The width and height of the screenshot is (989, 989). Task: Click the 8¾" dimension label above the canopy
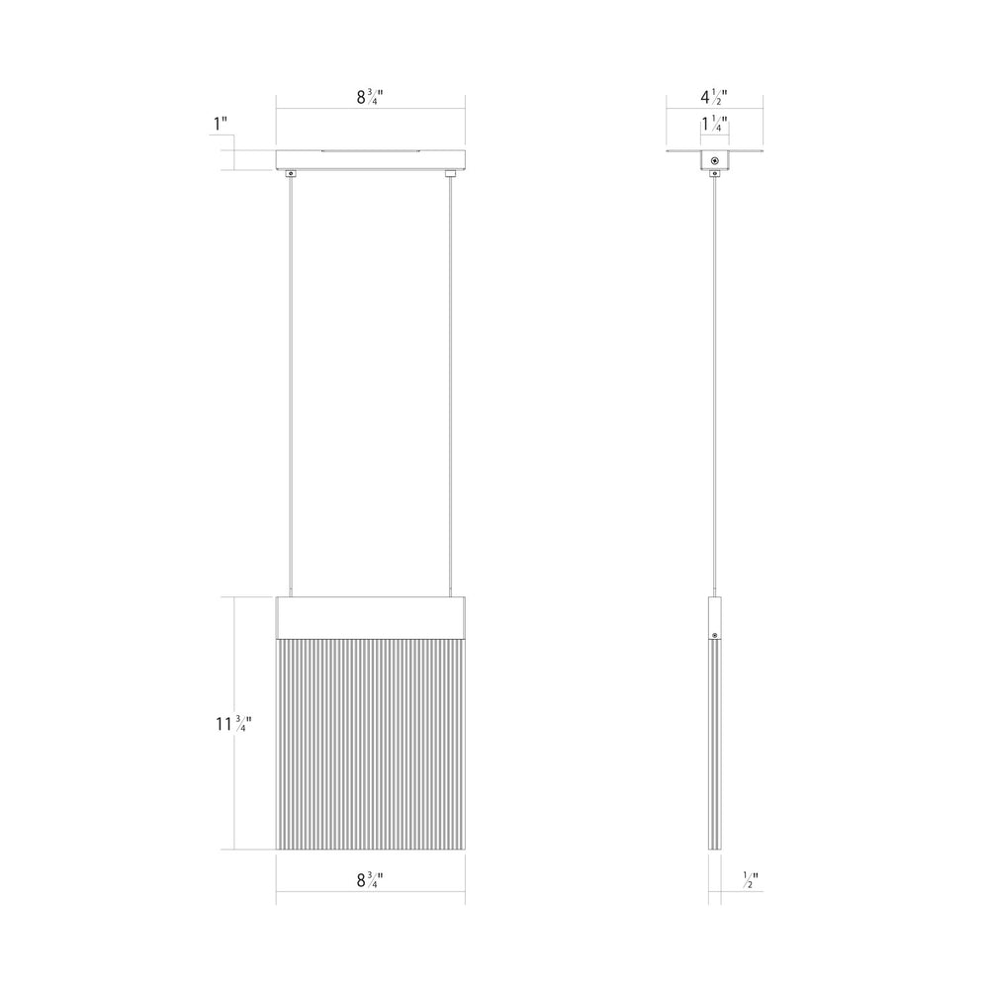370,98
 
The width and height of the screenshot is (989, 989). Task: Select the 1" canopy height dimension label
221,125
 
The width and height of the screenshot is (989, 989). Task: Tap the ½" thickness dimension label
751,881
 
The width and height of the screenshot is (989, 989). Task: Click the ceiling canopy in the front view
370,160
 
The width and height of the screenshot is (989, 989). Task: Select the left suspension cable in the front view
291,386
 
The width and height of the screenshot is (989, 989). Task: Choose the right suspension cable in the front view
450,386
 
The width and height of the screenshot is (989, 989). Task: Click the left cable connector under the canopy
291,175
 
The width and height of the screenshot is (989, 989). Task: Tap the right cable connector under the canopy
450,175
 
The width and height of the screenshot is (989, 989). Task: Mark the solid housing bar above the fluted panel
370,618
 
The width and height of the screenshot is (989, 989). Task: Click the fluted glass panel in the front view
370,742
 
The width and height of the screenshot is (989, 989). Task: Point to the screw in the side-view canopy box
714,161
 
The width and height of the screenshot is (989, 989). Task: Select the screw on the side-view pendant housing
714,633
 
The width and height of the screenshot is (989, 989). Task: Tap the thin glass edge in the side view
714,752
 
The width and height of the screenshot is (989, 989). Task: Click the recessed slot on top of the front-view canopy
370,151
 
